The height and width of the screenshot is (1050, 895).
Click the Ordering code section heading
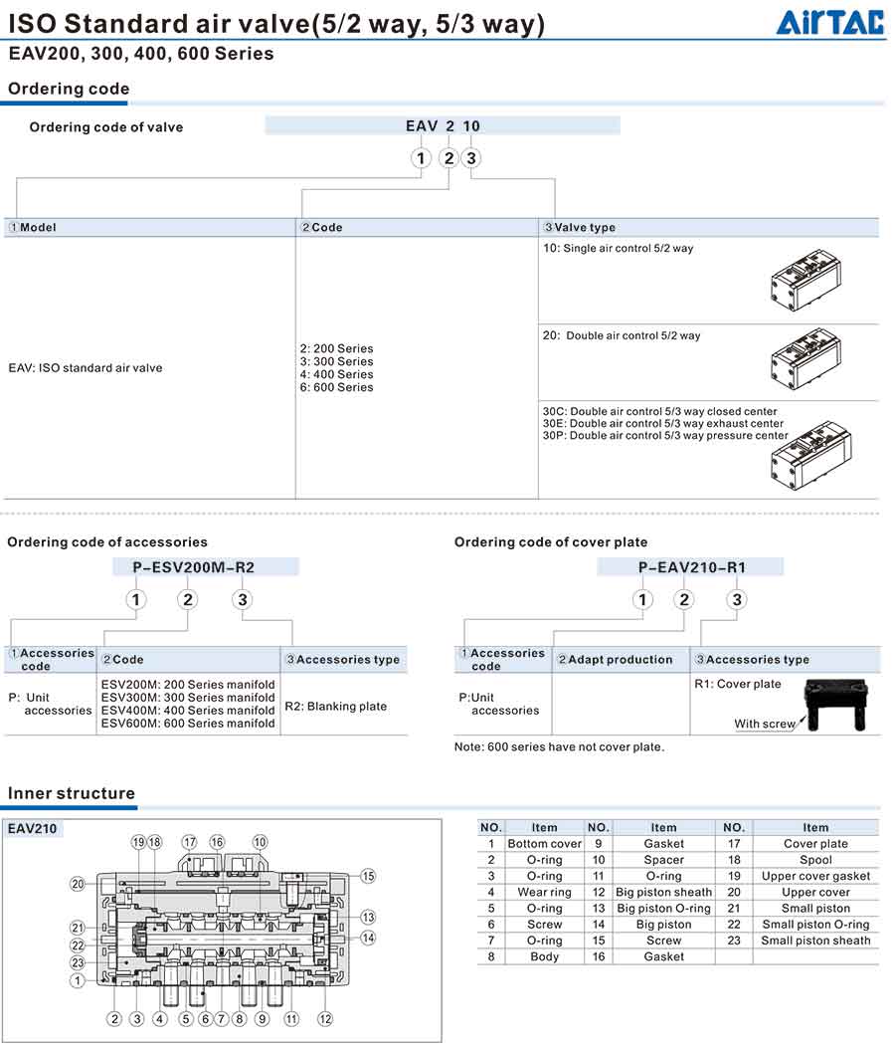pyautogui.click(x=69, y=89)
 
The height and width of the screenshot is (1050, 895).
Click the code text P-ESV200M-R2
pyautogui.click(x=194, y=567)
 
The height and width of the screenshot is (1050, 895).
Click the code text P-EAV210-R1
pyautogui.click(x=692, y=567)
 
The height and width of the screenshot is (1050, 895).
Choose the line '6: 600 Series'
pyautogui.click(x=336, y=387)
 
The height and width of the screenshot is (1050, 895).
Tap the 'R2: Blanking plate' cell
pyautogui.click(x=336, y=706)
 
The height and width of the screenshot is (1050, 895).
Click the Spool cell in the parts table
pyautogui.click(x=815, y=860)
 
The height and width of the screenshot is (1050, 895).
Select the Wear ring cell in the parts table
pyautogui.click(x=544, y=892)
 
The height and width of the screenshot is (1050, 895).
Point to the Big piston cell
pyautogui.click(x=663, y=925)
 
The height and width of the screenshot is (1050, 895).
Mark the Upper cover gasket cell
pyautogui.click(x=815, y=876)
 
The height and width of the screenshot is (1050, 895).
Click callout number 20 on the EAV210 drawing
pyautogui.click(x=78, y=883)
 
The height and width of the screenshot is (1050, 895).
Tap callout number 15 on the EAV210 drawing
pyautogui.click(x=368, y=876)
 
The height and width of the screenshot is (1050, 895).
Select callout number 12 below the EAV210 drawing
pyautogui.click(x=325, y=1018)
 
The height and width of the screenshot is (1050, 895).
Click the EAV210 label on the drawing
pyautogui.click(x=32, y=827)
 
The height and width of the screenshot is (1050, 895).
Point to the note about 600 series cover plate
pyautogui.click(x=559, y=746)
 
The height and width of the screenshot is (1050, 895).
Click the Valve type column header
pyautogui.click(x=585, y=228)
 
